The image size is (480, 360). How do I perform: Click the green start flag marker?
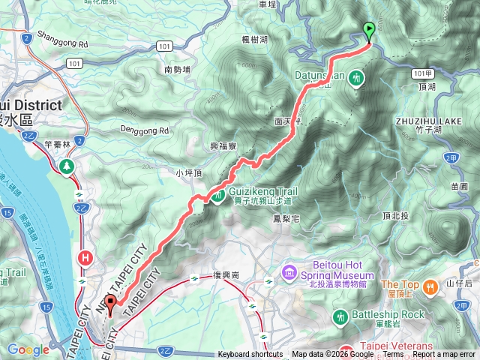point(369,31)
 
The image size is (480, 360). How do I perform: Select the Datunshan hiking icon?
point(355,76)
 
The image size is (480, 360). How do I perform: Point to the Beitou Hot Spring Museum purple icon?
point(289,270)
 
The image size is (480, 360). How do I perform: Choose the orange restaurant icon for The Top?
point(430,286)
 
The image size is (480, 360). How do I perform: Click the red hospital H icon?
point(85,259)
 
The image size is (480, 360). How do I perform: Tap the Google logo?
point(28,349)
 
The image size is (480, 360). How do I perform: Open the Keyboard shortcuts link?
point(250,355)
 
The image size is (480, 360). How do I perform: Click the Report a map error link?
point(445,355)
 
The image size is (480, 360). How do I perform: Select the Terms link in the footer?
point(393,355)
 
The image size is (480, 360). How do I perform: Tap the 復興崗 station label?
point(225,276)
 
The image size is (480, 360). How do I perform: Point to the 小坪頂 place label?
point(188,173)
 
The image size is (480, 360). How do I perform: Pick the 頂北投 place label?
point(394,216)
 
